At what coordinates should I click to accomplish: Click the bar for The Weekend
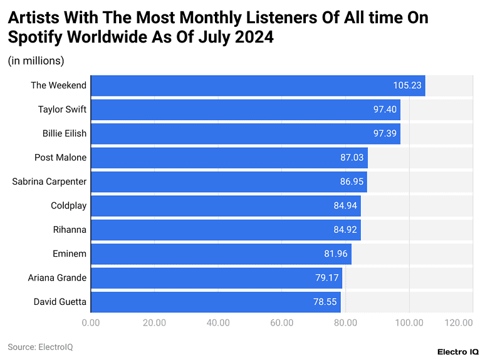(258, 86)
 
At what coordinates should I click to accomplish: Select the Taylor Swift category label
(62, 110)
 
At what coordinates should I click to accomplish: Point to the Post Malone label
(60, 158)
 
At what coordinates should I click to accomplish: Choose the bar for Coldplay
(226, 206)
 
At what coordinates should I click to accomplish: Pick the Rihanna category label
(70, 230)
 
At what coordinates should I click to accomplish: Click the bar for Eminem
(221, 254)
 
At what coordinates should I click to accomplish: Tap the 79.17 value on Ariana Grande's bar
(327, 278)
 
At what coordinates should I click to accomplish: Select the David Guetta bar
(216, 302)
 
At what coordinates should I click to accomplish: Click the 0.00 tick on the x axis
(91, 322)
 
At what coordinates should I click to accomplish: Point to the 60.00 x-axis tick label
(282, 322)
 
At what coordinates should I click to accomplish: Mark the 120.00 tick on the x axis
(459, 322)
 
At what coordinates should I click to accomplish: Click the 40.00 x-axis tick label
(218, 322)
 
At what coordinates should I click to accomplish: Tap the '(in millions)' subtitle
(36, 61)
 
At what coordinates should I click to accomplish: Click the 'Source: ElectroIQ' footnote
(40, 347)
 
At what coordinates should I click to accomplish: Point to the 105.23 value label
(407, 86)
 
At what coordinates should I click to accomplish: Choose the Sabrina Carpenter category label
(50, 182)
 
